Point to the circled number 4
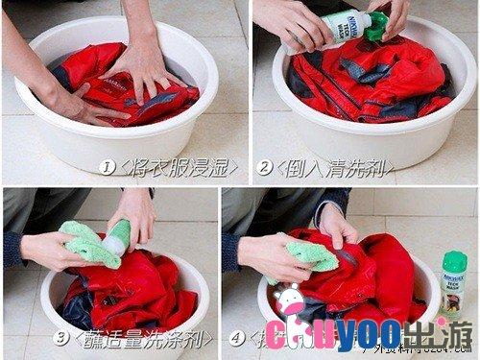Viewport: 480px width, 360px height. (x=237, y=337)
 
